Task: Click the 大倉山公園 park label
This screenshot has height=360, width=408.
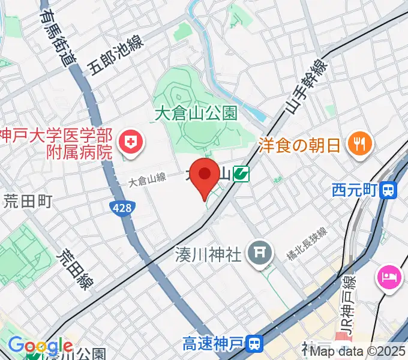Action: tap(196, 112)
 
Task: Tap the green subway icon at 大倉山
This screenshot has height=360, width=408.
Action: tap(241, 175)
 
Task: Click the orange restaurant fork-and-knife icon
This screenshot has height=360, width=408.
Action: tap(361, 143)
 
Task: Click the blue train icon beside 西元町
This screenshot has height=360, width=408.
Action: tap(389, 191)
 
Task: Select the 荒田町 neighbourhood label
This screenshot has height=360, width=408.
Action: tap(28, 201)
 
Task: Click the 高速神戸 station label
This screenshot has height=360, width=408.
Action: tap(213, 344)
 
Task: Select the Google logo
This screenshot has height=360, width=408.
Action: tap(40, 346)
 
